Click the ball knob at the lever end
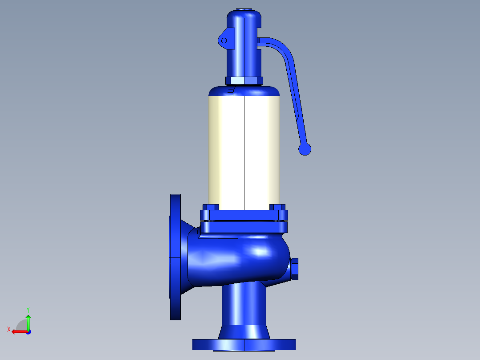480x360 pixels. (305, 149)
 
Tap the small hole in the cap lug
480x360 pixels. (224, 41)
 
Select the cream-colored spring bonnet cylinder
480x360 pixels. (244, 152)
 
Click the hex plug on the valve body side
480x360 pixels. (294, 269)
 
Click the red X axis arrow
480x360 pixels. (20, 331)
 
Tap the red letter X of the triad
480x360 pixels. (9, 329)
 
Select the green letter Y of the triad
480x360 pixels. (28, 310)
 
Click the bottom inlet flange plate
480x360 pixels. (244, 345)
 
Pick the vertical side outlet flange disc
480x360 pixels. (175, 257)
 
